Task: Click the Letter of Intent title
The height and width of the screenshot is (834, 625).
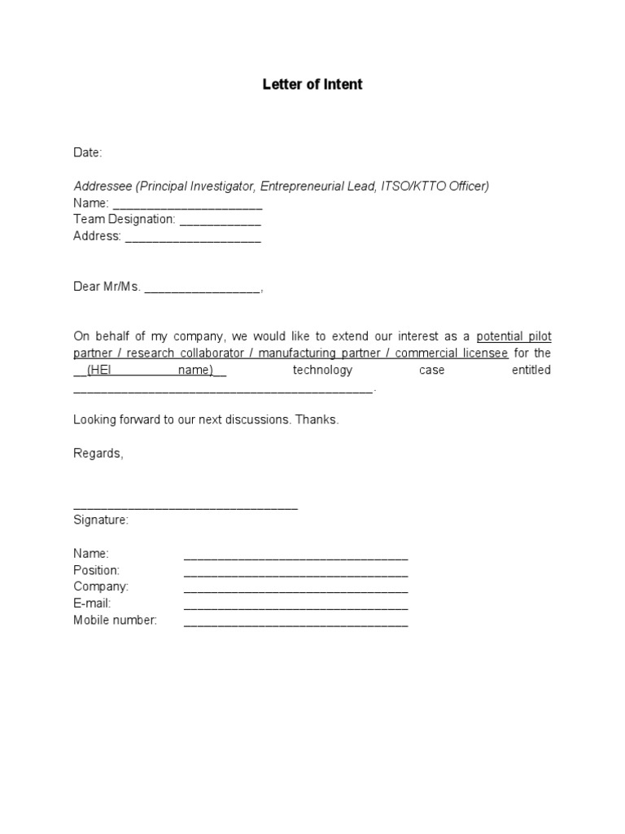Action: [312, 85]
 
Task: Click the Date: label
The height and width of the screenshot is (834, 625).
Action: [88, 152]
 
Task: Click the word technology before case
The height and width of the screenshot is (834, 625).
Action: [322, 371]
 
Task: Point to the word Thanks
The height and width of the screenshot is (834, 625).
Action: [317, 420]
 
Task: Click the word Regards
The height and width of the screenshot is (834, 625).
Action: [98, 454]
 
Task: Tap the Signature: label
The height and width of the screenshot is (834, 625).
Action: [101, 520]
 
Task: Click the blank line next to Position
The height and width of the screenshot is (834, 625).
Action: [295, 573]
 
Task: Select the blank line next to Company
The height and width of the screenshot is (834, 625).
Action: [295, 590]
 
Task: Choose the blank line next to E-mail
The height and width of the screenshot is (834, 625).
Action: [295, 607]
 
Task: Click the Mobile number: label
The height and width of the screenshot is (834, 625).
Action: [115, 620]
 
